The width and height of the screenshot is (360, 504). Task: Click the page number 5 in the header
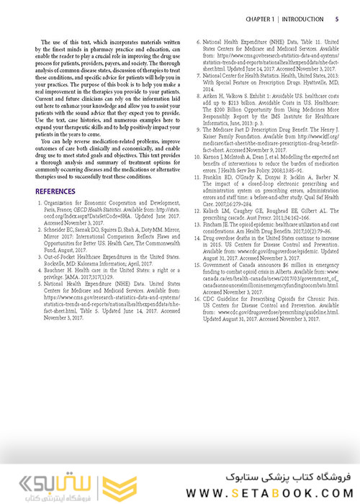[338, 18]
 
